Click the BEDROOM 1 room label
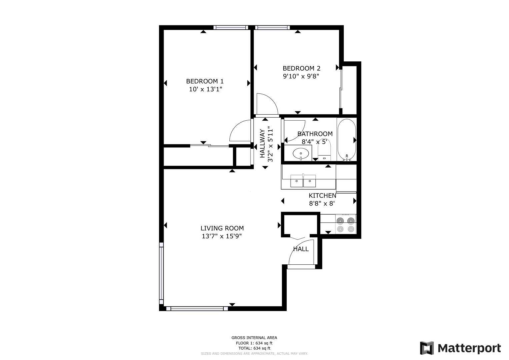click(x=205, y=81)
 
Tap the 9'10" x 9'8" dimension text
click(x=301, y=76)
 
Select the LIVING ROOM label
click(x=222, y=228)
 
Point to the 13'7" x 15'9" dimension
click(x=222, y=236)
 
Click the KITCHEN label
click(x=322, y=195)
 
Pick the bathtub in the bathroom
click(x=347, y=140)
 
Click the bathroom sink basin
click(x=301, y=154)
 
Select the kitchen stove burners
click(x=346, y=225)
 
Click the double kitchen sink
click(x=303, y=181)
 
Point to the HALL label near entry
click(x=301, y=249)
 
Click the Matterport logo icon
click(x=427, y=348)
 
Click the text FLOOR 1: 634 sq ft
click(x=254, y=343)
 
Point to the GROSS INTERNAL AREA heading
click(x=254, y=338)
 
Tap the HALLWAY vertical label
click(x=262, y=143)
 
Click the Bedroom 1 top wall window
click(x=231, y=27)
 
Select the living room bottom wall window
click(x=197, y=309)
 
